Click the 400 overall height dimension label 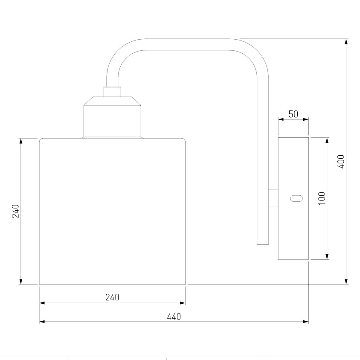[341, 162]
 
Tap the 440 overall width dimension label [174, 317]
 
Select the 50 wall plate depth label [293, 114]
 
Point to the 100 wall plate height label [322, 198]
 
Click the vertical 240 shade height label [16, 211]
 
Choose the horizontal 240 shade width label [112, 297]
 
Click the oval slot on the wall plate [296, 198]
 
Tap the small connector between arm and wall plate [273, 198]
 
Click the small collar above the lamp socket [112, 92]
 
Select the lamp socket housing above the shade [112, 117]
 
